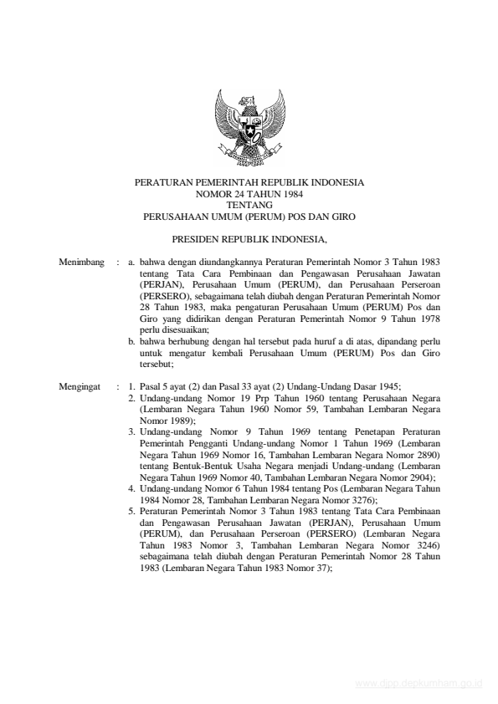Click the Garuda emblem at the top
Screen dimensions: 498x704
pos(249,127)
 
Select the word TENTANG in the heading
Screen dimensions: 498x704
pos(249,203)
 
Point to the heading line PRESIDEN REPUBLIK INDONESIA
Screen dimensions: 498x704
pos(249,237)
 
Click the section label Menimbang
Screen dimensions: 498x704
pos(82,263)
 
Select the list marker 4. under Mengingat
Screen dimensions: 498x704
pos(132,488)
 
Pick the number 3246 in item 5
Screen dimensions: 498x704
pos(424,544)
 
